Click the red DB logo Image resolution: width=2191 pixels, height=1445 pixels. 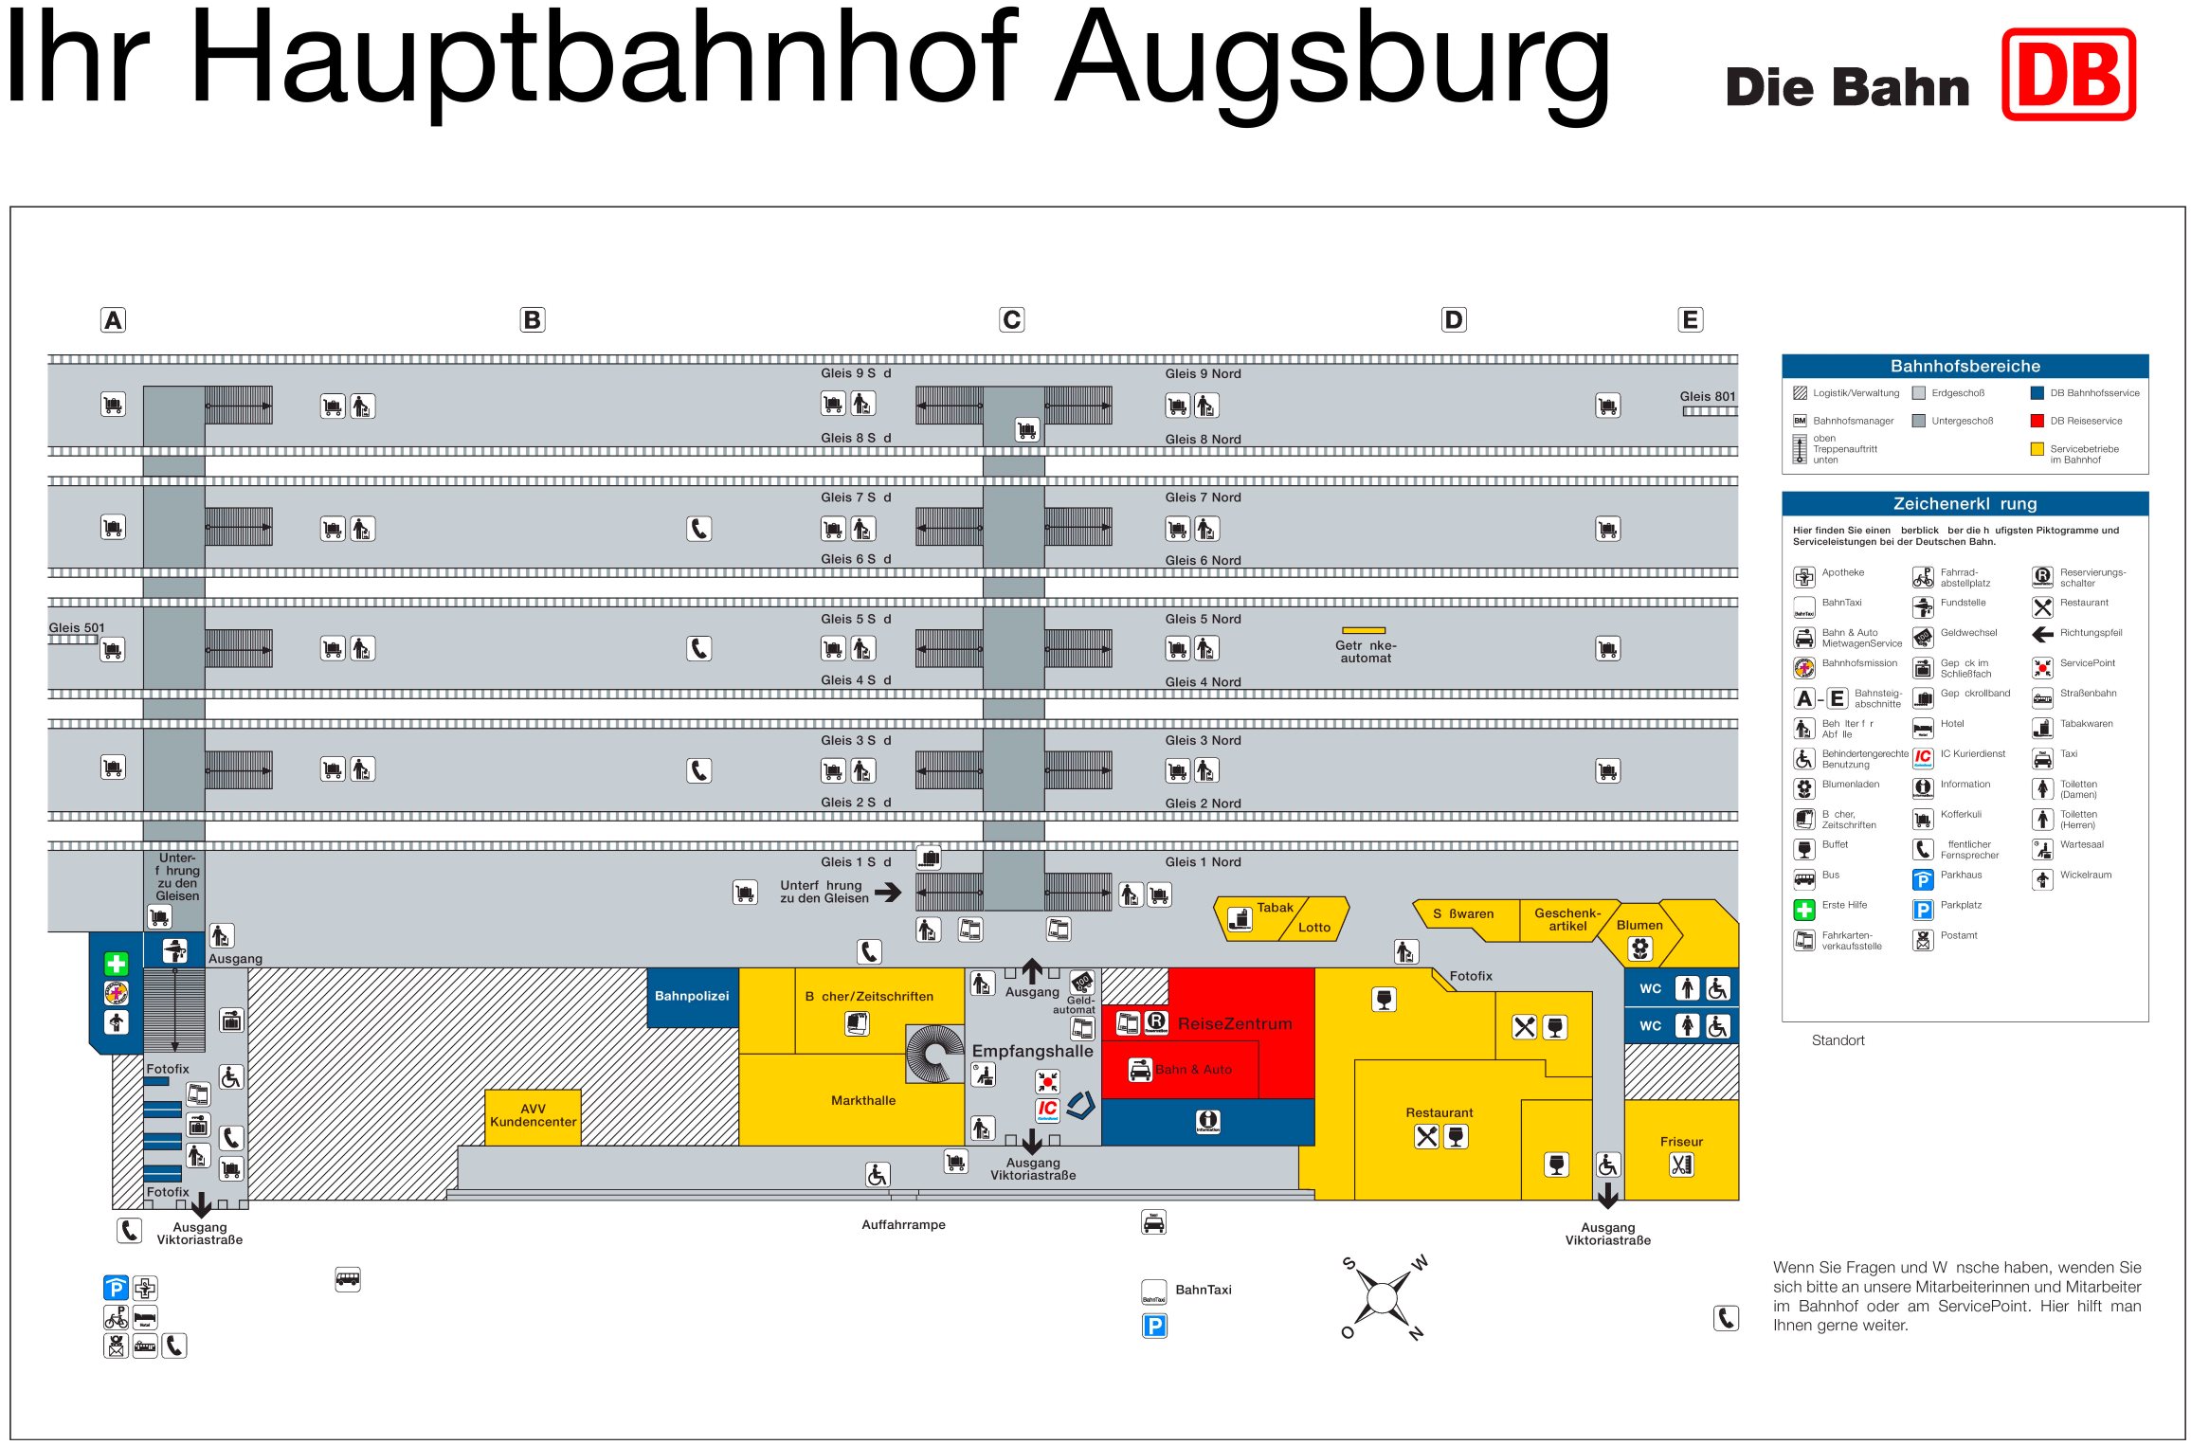[x=2068, y=75]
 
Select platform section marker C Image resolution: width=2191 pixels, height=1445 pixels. [x=1011, y=320]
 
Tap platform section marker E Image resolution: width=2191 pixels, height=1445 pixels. [x=1689, y=320]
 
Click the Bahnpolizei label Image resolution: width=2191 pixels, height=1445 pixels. [x=692, y=996]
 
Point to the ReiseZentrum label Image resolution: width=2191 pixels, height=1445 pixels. [x=1234, y=1023]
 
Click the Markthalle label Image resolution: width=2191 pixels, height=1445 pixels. [x=862, y=1100]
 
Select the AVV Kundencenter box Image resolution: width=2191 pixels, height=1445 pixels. [x=533, y=1115]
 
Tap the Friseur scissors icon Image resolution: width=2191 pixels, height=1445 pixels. [x=1681, y=1165]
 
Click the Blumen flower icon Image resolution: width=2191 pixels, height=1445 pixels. [x=1639, y=948]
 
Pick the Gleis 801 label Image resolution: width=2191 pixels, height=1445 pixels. [x=1707, y=396]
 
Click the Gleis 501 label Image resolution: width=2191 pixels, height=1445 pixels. [x=77, y=627]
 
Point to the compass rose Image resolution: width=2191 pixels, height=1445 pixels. [x=1383, y=1297]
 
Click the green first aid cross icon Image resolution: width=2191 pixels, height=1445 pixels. [x=116, y=964]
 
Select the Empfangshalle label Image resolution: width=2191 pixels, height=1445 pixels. [x=1032, y=1051]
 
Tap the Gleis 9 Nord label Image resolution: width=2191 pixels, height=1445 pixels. [x=1203, y=373]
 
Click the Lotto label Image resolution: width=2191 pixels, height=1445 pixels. [x=1313, y=928]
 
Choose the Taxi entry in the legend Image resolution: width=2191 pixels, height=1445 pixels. [x=2068, y=754]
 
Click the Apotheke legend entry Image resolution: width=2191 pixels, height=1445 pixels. [x=1842, y=572]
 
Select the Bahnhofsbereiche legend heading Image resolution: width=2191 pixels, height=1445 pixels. [x=1965, y=367]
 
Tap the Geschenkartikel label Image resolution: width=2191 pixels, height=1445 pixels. [x=1567, y=919]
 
